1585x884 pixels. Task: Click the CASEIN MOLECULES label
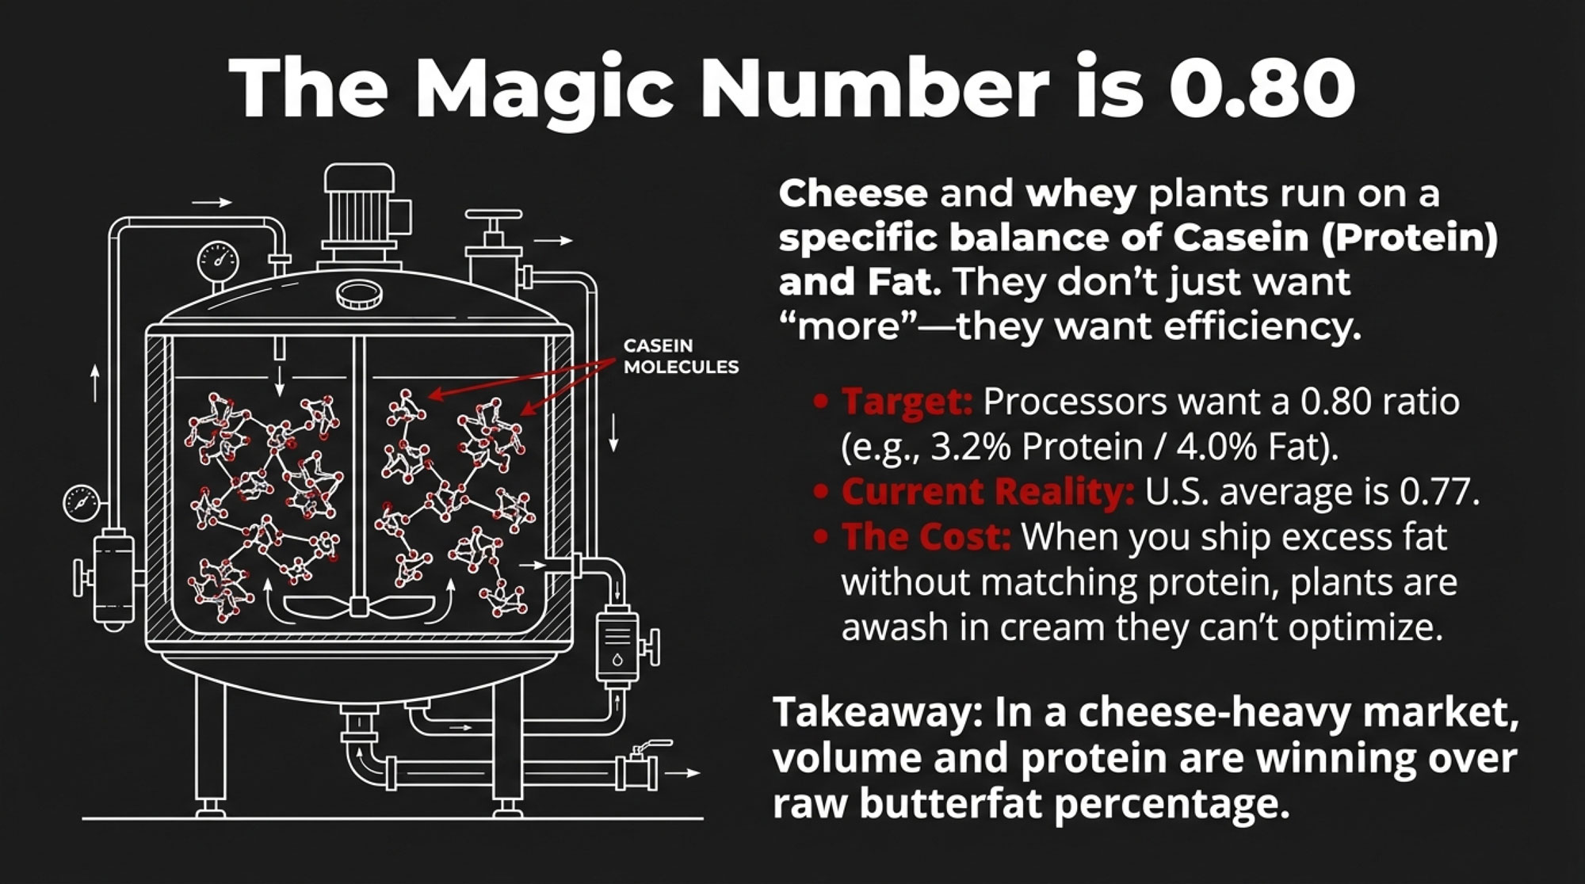point(681,356)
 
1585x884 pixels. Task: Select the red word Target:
point(907,402)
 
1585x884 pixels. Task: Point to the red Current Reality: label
point(987,492)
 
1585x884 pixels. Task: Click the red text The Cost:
point(926,537)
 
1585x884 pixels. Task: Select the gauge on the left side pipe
point(82,502)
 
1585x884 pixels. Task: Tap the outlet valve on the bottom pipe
point(640,764)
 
